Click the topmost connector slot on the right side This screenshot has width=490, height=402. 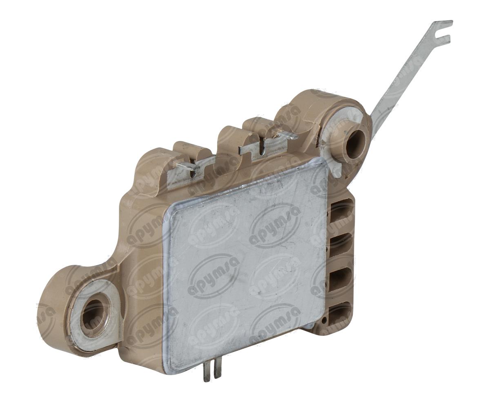click(340, 211)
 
